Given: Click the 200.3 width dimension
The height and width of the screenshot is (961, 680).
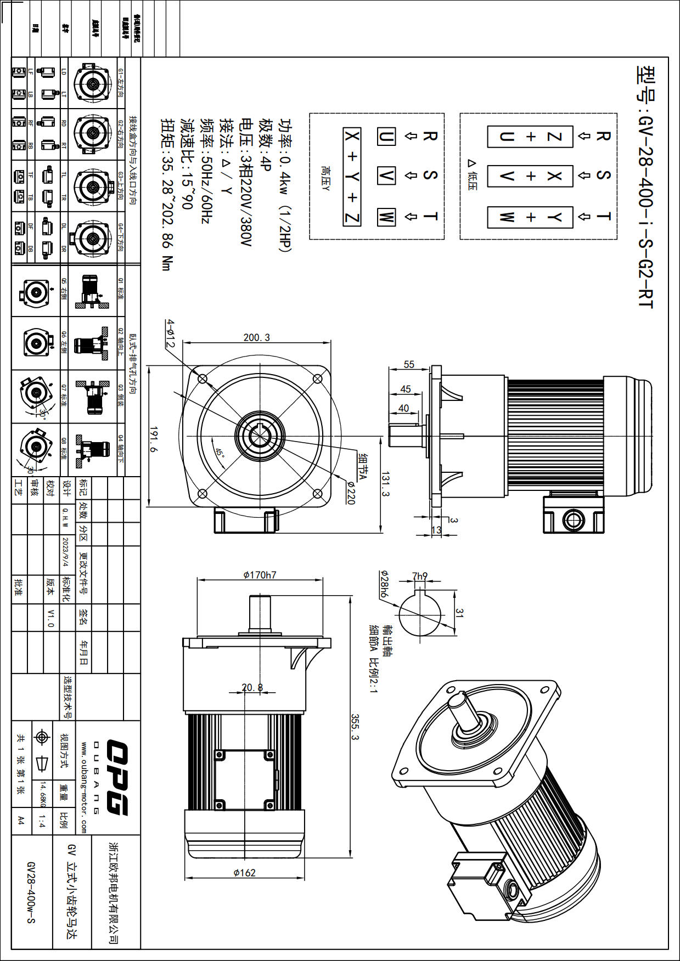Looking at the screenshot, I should pyautogui.click(x=257, y=337).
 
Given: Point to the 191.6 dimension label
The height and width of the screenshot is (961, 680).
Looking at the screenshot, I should pyautogui.click(x=153, y=439).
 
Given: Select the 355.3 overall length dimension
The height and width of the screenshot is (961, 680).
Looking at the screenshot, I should pyautogui.click(x=355, y=727).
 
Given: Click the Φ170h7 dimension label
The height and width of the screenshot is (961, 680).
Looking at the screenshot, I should pyautogui.click(x=260, y=575).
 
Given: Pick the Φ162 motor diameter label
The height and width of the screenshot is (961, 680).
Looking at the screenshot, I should pyautogui.click(x=244, y=872).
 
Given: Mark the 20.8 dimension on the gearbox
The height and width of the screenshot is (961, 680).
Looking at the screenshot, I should pyautogui.click(x=252, y=687).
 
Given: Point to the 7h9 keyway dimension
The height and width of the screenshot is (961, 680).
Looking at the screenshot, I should pyautogui.click(x=420, y=576).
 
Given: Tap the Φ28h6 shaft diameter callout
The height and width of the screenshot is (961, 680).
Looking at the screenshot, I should pyautogui.click(x=384, y=584).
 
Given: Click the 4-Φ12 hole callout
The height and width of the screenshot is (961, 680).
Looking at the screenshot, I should pyautogui.click(x=171, y=333).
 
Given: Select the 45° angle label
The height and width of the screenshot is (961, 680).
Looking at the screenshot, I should pyautogui.click(x=220, y=453).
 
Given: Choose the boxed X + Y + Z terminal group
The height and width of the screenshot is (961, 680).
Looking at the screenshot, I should pyautogui.click(x=352, y=176).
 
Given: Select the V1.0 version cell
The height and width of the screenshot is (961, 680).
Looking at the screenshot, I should pyautogui.click(x=50, y=617).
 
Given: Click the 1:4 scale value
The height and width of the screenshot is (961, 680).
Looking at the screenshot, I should pyautogui.click(x=42, y=821).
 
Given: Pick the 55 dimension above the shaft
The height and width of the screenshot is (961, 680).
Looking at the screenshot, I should pyautogui.click(x=409, y=364).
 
